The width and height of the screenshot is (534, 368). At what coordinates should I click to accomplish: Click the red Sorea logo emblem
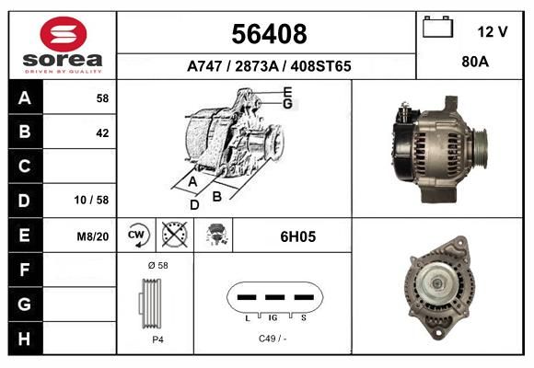64,34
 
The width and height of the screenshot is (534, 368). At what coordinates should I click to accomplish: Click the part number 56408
269,34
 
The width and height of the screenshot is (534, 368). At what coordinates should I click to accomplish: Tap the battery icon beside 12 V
437,27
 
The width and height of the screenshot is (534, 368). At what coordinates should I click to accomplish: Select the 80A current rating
475,62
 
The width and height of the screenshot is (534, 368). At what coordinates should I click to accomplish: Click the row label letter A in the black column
25,98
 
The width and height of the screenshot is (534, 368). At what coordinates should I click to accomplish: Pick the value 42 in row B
102,133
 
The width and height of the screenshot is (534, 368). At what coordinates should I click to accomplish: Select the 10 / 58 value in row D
91,200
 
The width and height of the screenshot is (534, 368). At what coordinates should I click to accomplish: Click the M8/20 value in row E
93,236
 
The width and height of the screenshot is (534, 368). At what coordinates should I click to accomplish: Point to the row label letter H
24,339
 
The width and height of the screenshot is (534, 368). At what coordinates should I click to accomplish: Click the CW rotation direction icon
136,235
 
